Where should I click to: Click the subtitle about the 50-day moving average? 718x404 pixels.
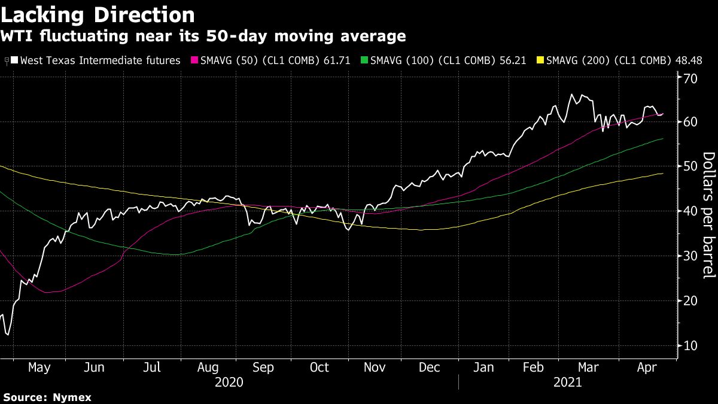pyautogui.click(x=203, y=37)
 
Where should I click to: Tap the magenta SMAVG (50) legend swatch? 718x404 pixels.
pyautogui.click(x=194, y=60)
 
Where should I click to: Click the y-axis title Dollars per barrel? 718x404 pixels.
pyautogui.click(x=707, y=215)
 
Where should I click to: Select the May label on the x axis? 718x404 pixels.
pyautogui.click(x=39, y=367)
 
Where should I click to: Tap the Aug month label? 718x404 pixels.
pyautogui.click(x=208, y=367)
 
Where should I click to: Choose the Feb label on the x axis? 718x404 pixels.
pyautogui.click(x=533, y=367)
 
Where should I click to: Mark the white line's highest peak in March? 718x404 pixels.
pyautogui.click(x=571, y=94)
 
